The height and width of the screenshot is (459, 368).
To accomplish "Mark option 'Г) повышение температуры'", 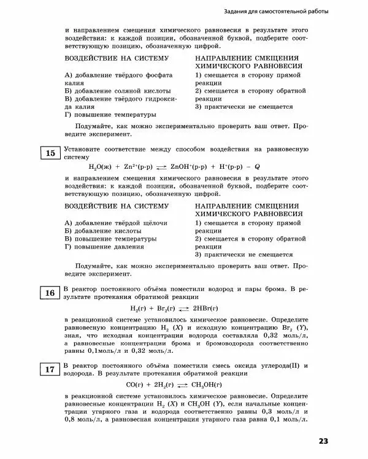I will click(x=110, y=114).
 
